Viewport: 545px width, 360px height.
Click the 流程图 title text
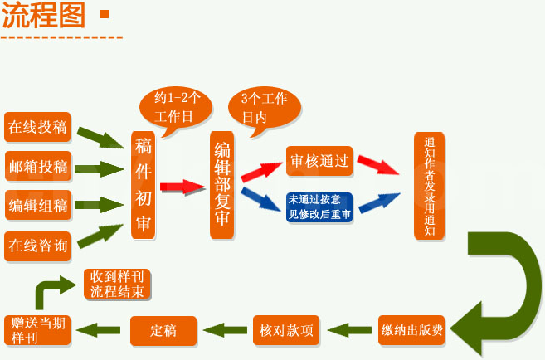(x=43, y=16)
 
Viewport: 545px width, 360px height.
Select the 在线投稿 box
(x=37, y=127)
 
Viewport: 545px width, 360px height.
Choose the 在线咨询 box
(x=37, y=245)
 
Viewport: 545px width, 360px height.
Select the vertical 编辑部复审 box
(x=222, y=185)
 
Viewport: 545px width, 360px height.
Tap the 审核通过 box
(x=319, y=162)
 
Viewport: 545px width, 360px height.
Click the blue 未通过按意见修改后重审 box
(x=319, y=207)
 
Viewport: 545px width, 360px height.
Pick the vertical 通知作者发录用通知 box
(x=429, y=186)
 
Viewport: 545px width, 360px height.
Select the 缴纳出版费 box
(x=412, y=330)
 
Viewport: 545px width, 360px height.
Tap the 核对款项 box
(x=285, y=330)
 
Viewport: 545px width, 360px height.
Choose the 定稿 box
(x=164, y=330)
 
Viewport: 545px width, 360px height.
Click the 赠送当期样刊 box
(x=38, y=330)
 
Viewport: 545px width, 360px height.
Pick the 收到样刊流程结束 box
(x=119, y=285)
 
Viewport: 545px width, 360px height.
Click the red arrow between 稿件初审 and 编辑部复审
(x=182, y=186)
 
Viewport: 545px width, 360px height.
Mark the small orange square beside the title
(x=104, y=14)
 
